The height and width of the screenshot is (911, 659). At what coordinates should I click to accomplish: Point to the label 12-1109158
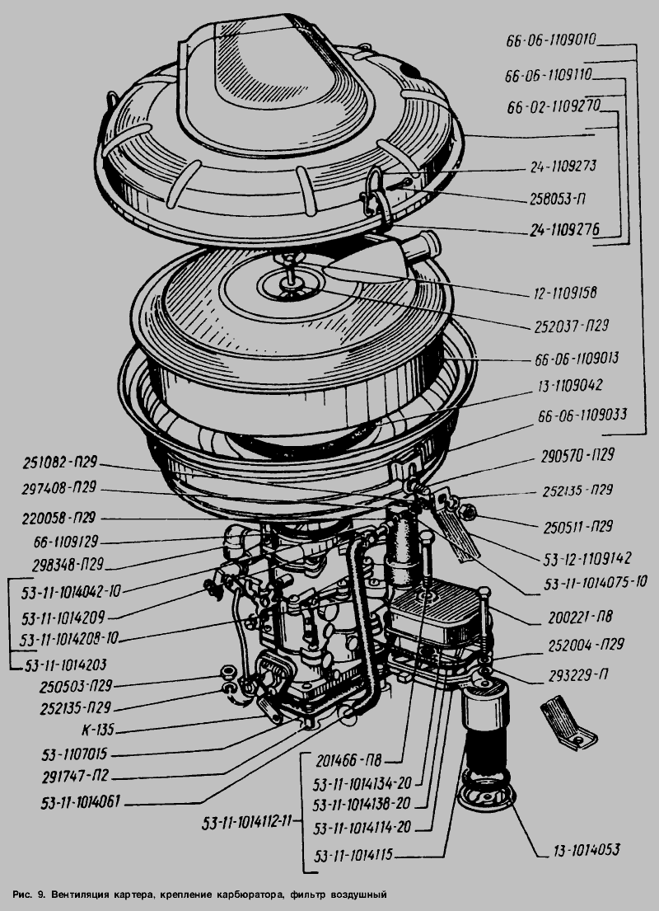[x=563, y=292]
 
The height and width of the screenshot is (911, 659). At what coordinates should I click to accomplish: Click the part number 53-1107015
[x=80, y=753]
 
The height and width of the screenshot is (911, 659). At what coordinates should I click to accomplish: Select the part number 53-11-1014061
[x=77, y=800]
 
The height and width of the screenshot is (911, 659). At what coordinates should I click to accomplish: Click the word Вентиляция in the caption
[x=88, y=894]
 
